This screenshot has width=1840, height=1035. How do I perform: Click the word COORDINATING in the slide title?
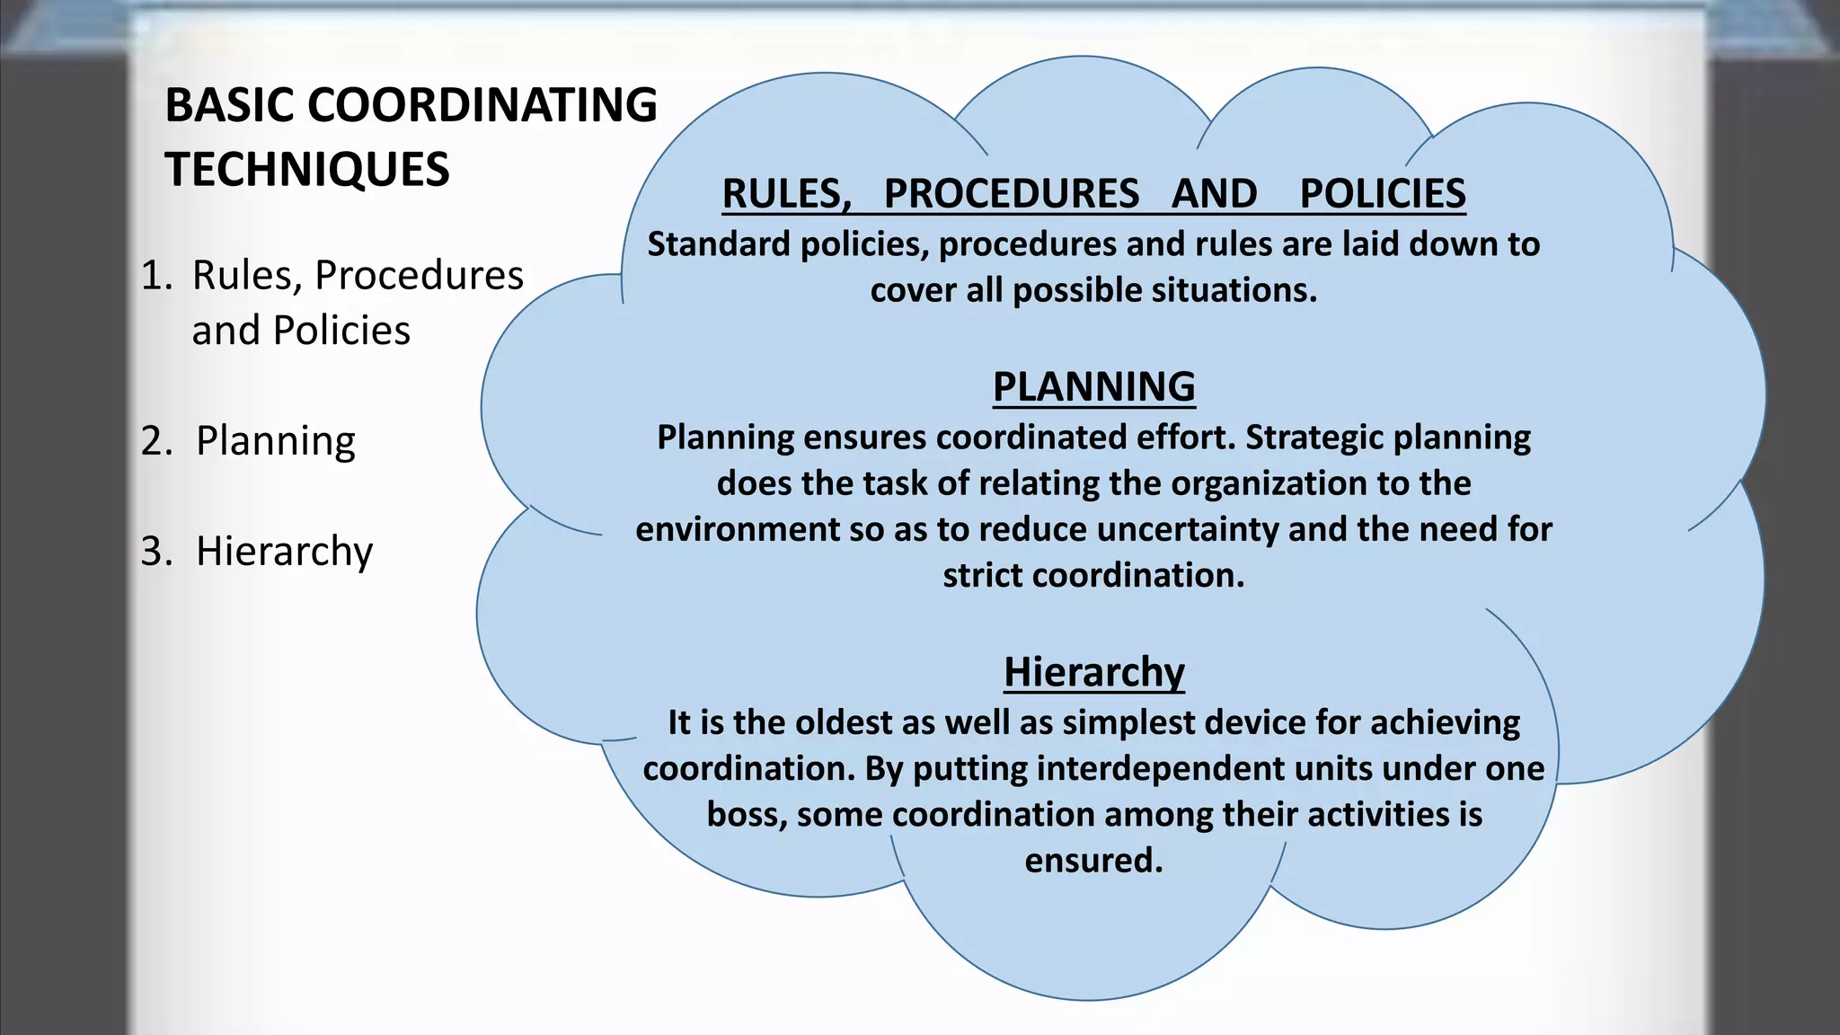point(482,105)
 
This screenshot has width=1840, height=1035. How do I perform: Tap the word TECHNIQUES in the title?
point(307,170)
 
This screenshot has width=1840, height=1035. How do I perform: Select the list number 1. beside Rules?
point(156,275)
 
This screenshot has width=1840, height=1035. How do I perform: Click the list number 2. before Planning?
point(156,441)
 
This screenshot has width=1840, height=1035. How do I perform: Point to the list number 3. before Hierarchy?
point(156,551)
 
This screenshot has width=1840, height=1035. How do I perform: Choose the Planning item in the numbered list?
point(276,441)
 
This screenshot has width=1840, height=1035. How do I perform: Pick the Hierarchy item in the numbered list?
point(284,551)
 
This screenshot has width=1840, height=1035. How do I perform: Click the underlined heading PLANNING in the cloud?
point(1093,387)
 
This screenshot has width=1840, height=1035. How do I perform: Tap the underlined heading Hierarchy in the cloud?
point(1093,672)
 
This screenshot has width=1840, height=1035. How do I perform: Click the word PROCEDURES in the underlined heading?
point(1012,194)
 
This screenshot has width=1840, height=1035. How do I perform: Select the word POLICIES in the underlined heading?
point(1383,194)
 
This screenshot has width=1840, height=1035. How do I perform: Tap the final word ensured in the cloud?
point(1093,861)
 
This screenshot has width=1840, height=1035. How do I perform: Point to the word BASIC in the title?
point(229,105)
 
